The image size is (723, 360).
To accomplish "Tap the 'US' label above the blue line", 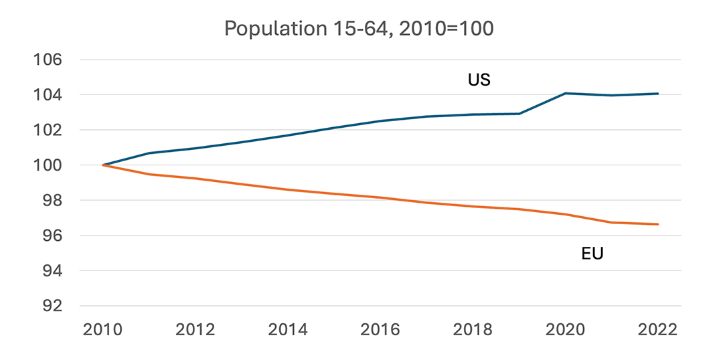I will point(479,80).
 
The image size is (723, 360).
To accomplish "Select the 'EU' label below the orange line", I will point(592,254).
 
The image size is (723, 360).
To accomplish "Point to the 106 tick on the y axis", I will point(48,60).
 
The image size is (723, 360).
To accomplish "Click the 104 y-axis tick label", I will point(48,95).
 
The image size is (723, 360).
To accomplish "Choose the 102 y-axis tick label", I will point(48,130).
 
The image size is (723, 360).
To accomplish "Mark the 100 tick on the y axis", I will point(48,165).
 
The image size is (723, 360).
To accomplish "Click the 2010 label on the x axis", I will point(103,330).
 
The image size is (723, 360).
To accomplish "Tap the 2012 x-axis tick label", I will point(195,330).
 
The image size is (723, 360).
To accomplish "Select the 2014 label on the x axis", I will point(288,330).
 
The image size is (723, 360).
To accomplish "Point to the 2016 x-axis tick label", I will point(380,330).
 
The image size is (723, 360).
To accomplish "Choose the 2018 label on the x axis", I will point(473,330).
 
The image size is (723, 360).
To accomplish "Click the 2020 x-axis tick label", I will point(565,330).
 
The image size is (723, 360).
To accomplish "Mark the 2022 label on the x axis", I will point(657,330).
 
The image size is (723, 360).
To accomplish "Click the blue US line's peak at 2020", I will point(566,93).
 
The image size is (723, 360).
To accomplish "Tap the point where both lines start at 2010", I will point(103,165).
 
